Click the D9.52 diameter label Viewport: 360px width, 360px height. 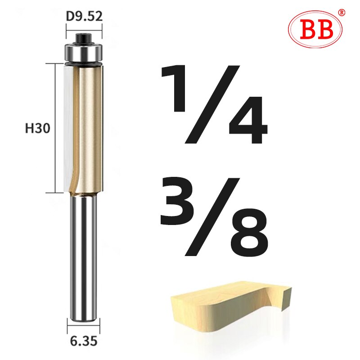tap(84, 16)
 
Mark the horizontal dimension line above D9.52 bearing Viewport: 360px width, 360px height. tap(85, 30)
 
